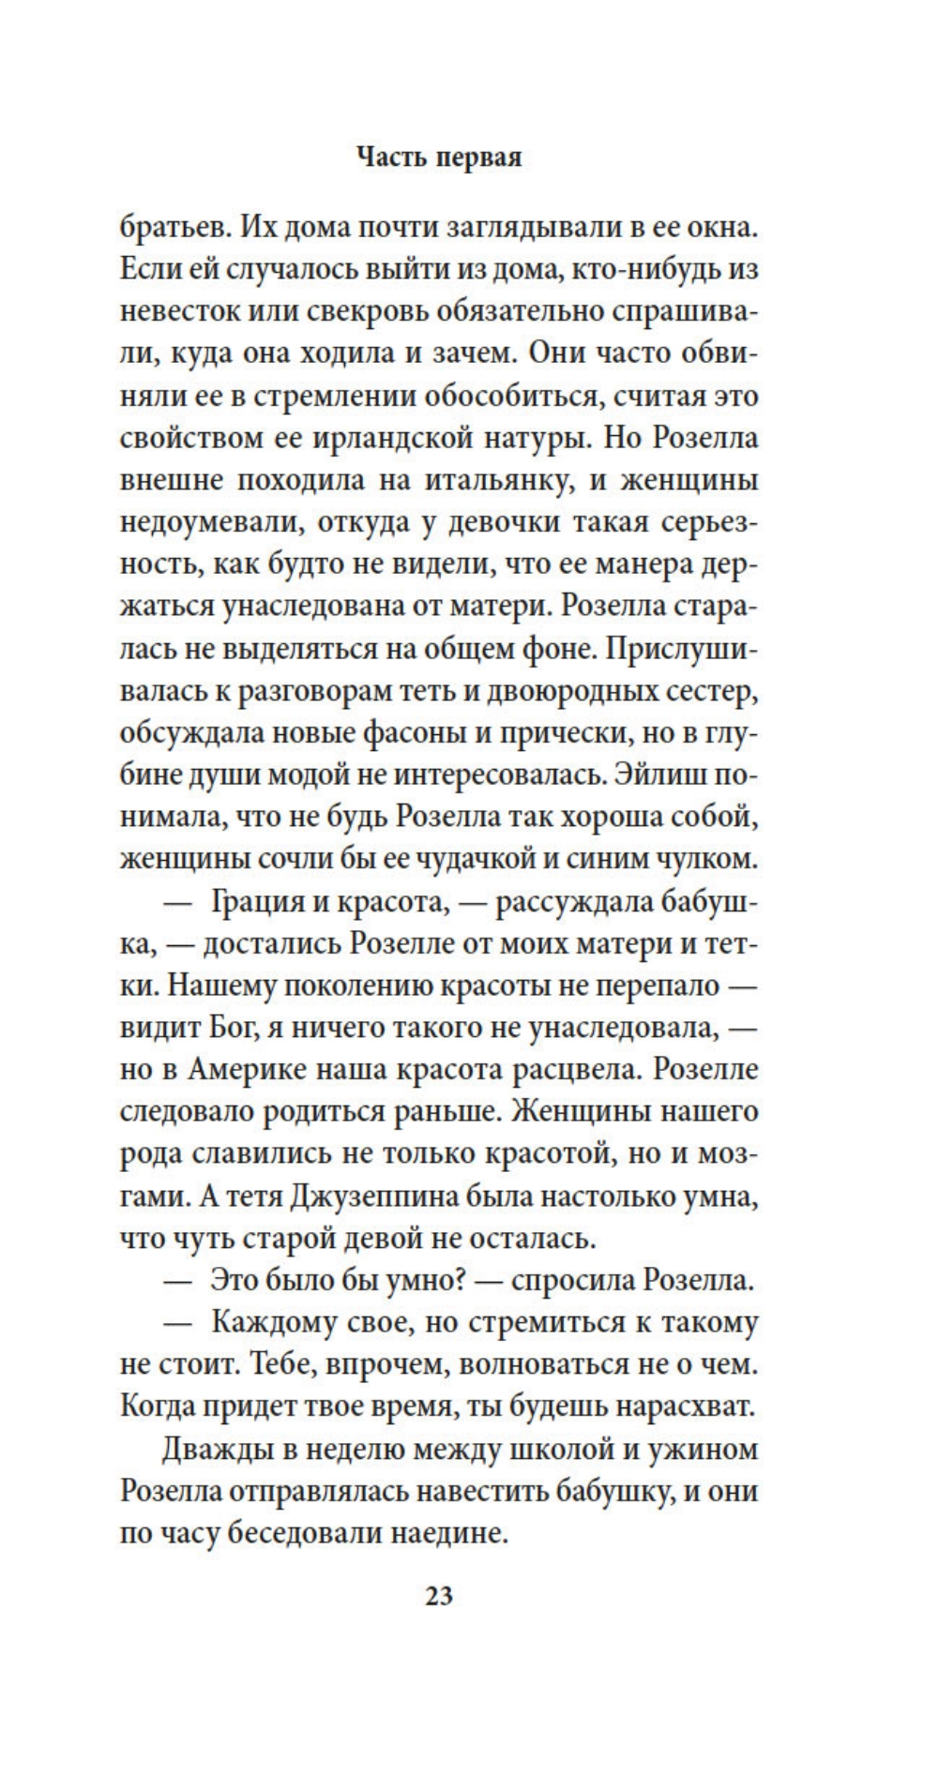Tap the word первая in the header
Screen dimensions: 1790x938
pyautogui.click(x=485, y=158)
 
